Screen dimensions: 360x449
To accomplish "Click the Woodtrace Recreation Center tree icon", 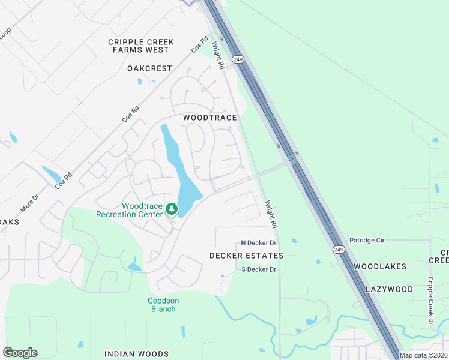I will pos(172,209).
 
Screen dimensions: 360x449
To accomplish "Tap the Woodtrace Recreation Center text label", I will pos(142,210).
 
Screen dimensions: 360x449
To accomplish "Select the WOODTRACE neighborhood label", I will pos(210,118).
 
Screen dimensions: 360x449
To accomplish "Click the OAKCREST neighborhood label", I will pos(149,68).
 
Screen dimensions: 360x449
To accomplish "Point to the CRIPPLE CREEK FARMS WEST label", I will pos(141,46).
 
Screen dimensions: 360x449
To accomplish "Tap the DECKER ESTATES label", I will pos(246,256).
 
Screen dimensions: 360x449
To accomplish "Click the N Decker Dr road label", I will pos(258,243).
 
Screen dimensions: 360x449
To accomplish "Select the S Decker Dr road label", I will pos(258,269).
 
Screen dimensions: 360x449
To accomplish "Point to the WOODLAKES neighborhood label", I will pos(380,266).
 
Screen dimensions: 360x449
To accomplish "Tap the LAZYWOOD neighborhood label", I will pos(390,289).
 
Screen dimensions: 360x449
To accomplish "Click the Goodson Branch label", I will pos(163,305).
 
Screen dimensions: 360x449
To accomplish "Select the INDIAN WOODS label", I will pos(136,354).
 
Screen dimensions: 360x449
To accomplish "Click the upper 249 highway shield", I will pos(238,59).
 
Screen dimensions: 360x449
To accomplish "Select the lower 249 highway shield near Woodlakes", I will pos(339,249).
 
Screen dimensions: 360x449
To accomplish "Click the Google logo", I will pos(20,353).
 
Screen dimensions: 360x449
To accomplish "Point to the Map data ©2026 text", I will pos(424,355).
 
